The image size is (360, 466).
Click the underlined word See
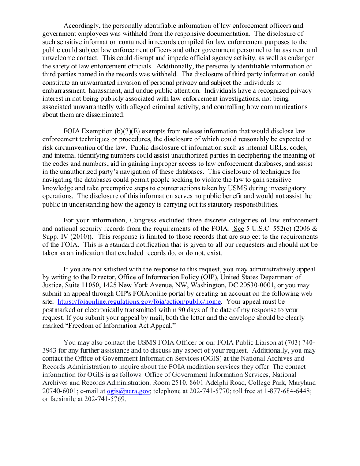pos(239,229)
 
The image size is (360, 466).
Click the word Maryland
pos(302,383)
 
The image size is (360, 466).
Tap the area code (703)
pos(294,342)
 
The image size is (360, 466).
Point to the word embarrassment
pos(63,90)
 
